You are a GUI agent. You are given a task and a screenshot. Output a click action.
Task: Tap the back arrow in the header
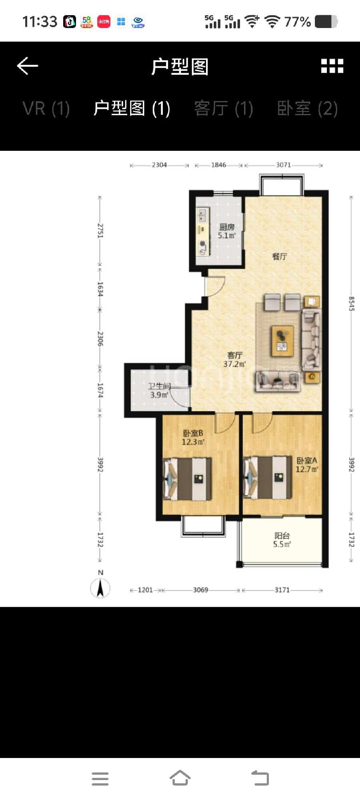27,66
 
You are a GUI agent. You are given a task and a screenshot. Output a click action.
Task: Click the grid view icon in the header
332,66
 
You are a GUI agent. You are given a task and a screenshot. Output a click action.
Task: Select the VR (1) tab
46,108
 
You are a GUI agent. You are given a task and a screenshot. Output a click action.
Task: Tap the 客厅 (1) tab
224,108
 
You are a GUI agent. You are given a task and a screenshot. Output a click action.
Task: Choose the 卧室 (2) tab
307,108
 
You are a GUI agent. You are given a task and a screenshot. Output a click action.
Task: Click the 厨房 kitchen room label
227,227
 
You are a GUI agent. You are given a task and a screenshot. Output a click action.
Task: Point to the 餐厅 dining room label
280,256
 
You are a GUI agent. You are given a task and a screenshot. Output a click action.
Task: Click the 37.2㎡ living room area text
234,364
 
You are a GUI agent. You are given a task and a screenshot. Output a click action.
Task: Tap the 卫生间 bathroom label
159,386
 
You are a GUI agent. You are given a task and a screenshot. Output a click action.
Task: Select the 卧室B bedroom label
193,433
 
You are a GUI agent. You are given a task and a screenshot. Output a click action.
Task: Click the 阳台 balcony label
282,536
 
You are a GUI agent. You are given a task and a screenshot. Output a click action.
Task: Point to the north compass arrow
100,588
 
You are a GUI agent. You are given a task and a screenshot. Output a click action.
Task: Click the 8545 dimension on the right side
351,304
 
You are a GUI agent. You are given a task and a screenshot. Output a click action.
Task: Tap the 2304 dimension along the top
159,165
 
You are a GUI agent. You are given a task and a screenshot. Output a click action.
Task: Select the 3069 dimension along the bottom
200,590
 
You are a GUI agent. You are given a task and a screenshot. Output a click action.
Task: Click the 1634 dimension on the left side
100,289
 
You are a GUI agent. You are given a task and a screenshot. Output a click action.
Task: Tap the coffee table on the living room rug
282,341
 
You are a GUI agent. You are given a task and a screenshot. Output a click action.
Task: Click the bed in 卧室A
268,478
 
